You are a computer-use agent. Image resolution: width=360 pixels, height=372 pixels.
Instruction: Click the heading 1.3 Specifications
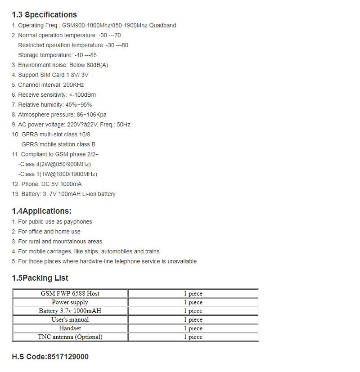coord(44,14)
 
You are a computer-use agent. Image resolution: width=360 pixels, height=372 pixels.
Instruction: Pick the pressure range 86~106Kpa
coord(92,114)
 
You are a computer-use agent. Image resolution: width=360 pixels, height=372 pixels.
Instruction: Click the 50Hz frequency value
coord(123,124)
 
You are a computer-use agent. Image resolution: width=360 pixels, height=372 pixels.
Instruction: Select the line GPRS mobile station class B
coord(58,144)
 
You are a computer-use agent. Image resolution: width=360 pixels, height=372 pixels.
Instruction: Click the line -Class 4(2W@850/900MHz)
coord(54,164)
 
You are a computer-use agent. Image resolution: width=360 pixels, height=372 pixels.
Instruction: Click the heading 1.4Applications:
coord(41,211)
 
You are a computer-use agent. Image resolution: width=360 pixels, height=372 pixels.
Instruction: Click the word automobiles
coord(117,251)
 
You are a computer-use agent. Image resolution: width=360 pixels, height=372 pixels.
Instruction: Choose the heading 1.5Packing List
coord(40,278)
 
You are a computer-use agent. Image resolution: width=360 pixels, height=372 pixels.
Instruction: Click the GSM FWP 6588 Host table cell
coord(70,293)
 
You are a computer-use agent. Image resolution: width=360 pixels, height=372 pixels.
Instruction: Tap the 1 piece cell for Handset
coord(193,328)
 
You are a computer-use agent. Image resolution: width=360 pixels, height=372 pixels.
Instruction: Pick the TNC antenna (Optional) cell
coord(70,337)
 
